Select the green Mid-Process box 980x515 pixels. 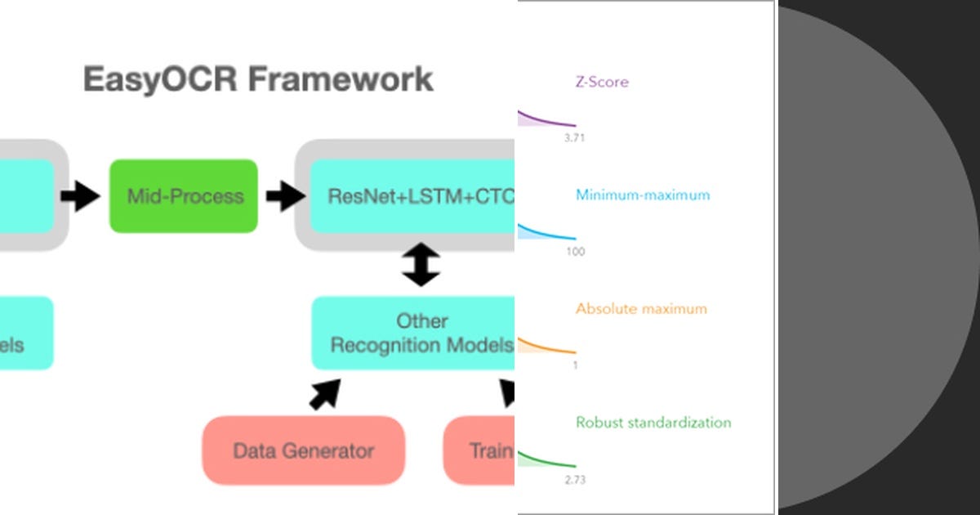pyautogui.click(x=184, y=196)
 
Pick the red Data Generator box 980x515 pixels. pyautogui.click(x=303, y=450)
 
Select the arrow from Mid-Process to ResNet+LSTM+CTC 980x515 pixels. pyautogui.click(x=284, y=196)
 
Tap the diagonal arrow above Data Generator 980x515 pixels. pyautogui.click(x=324, y=393)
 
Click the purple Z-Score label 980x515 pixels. pyautogui.click(x=602, y=82)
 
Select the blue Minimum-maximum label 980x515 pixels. pyautogui.click(x=643, y=195)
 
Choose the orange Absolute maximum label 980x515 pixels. pyautogui.click(x=641, y=309)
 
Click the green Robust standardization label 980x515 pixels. pyautogui.click(x=653, y=423)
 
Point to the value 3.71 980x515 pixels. pyautogui.click(x=574, y=138)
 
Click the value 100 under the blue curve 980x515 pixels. pyautogui.click(x=575, y=252)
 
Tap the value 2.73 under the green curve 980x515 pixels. pyautogui.click(x=574, y=480)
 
